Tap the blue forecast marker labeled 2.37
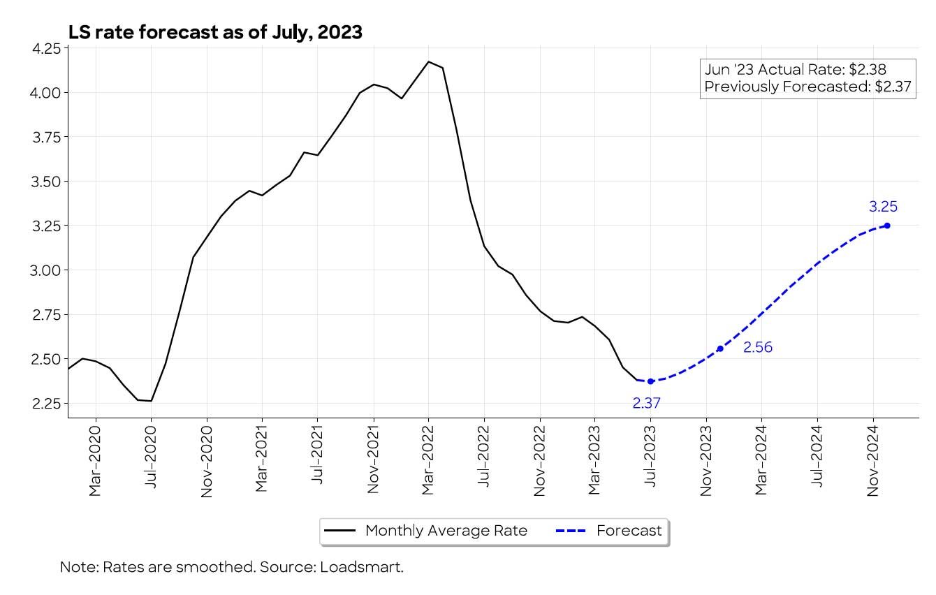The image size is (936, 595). tap(650, 381)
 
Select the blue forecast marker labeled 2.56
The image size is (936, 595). tap(720, 348)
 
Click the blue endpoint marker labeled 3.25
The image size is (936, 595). tap(887, 225)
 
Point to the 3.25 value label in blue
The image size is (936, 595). tap(883, 207)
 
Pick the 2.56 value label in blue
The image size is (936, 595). tap(757, 348)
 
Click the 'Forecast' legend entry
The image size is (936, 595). tap(629, 531)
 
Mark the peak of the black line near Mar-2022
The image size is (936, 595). tap(429, 61)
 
